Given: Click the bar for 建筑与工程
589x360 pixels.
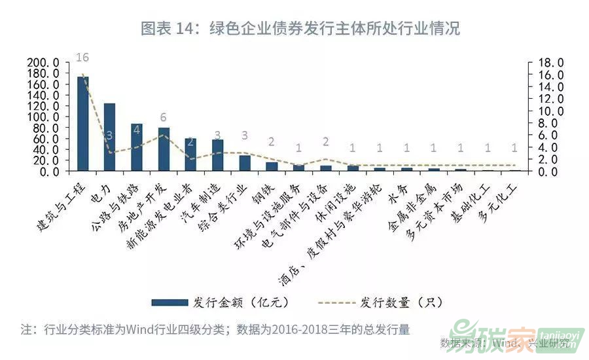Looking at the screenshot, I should [x=83, y=124].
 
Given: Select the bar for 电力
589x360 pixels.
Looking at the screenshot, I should [x=110, y=137].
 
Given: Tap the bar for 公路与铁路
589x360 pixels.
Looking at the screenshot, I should [x=137, y=147].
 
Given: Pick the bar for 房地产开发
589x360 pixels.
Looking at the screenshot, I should [x=164, y=149].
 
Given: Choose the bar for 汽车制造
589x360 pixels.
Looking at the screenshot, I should [x=218, y=155].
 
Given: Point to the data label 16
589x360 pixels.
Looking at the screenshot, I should [x=82, y=58].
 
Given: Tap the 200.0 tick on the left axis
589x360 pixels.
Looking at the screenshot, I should [x=44, y=62].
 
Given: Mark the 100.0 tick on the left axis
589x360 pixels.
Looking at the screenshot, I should [x=44, y=117].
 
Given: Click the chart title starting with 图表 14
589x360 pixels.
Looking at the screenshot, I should [x=300, y=29].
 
